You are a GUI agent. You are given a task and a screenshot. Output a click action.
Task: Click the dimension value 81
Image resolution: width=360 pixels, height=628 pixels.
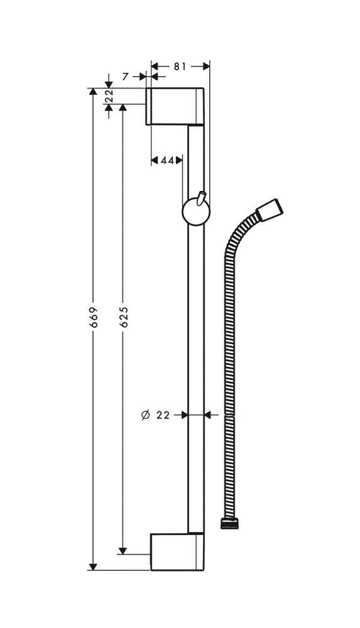pos(180,67)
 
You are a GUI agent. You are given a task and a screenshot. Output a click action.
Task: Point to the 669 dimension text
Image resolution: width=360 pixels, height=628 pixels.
pos(93,318)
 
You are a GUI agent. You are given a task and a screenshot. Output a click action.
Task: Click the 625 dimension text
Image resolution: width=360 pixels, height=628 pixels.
pos(124,318)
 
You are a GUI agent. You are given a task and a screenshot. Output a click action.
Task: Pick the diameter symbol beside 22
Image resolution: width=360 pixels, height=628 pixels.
pos(146,415)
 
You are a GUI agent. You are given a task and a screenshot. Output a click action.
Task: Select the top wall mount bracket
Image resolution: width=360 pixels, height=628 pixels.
pos(175,106)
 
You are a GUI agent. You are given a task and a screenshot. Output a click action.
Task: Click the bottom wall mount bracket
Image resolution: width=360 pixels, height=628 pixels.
pos(178,551)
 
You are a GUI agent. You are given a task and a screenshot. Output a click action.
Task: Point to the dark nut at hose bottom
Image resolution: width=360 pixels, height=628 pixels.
pos(230,524)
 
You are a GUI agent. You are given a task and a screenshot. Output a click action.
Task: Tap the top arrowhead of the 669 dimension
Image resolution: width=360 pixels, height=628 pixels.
pos(93,92)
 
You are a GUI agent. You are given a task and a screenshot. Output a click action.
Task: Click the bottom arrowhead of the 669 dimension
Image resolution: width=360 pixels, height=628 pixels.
pos(93,566)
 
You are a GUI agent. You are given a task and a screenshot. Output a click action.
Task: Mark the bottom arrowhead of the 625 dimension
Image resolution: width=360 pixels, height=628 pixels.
pos(124,550)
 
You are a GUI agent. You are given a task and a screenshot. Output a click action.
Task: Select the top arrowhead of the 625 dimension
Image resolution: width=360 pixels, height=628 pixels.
pos(124,108)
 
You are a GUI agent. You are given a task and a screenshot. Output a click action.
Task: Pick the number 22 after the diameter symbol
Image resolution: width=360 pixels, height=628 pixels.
pos(163,415)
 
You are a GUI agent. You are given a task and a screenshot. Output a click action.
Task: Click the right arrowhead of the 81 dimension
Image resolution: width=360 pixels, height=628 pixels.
pos(206,67)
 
